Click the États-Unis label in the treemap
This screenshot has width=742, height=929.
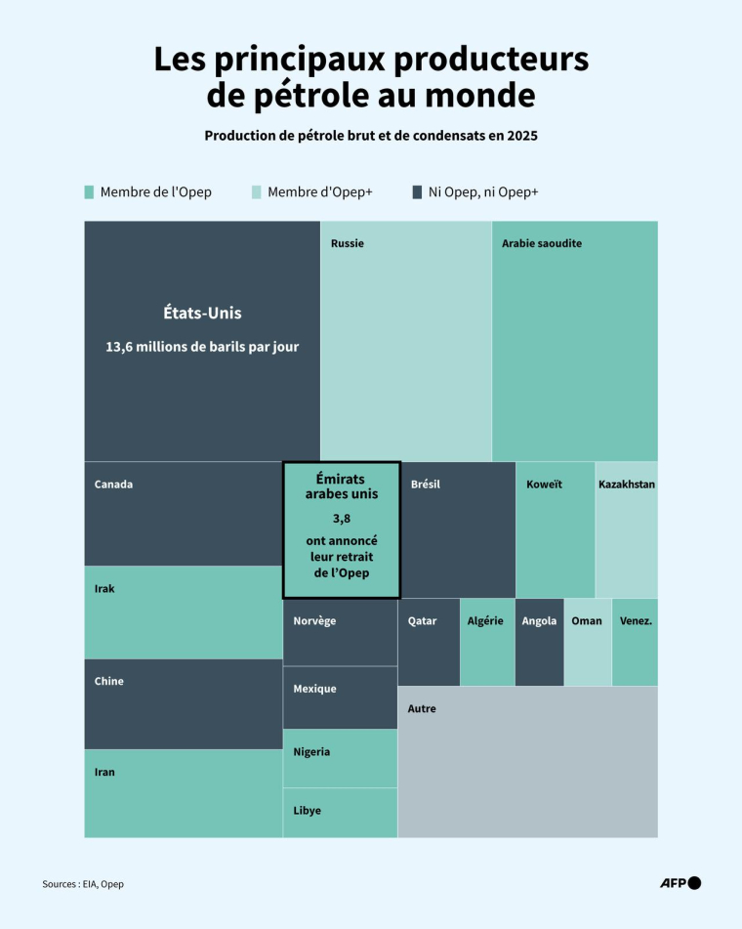click(202, 314)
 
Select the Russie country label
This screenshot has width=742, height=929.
click(348, 243)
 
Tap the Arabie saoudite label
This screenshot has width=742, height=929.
click(542, 243)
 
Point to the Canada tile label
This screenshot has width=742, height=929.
click(113, 485)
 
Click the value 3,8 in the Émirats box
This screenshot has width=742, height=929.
click(341, 519)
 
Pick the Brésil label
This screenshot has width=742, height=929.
click(426, 485)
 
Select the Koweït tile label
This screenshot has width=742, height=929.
click(544, 485)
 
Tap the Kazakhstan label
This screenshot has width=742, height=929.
click(627, 485)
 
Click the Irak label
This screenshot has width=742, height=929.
click(104, 589)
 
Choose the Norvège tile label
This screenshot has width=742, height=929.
click(314, 621)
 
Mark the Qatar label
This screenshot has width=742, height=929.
click(422, 621)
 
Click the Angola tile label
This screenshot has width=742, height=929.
click(539, 621)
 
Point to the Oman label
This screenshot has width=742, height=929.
click(587, 621)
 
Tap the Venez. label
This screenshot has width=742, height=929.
click(636, 621)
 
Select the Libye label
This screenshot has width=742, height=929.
click(307, 811)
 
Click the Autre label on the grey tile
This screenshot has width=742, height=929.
click(422, 709)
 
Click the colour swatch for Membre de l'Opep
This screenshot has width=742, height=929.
click(89, 192)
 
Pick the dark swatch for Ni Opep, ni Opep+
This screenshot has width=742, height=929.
click(417, 192)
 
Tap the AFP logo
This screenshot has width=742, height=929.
click(680, 883)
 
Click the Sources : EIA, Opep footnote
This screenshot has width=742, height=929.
click(83, 884)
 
